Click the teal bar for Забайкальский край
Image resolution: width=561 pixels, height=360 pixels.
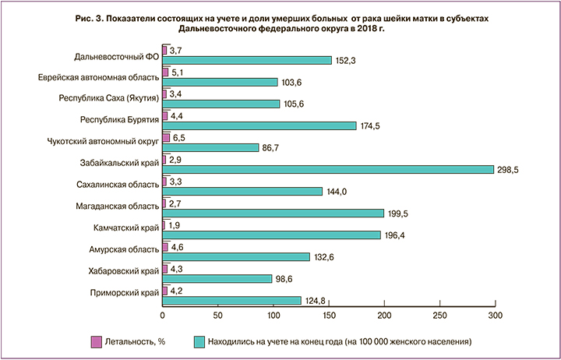click(327, 169)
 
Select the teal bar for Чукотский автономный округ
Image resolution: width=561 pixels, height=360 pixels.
click(210, 147)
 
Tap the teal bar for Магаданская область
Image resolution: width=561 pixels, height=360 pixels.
click(273, 213)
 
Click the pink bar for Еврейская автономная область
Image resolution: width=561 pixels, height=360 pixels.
click(164, 72)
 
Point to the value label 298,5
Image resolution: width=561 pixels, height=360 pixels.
click(508, 169)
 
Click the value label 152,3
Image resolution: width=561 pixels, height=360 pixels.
click(344, 61)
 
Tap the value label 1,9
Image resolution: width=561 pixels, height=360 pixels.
click(175, 224)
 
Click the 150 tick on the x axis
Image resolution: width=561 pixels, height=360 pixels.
click(328, 315)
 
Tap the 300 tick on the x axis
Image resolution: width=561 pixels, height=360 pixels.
click(495, 315)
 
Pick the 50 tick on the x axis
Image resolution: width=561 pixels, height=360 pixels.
click(217, 315)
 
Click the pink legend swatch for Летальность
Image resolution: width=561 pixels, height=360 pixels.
click(97, 341)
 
